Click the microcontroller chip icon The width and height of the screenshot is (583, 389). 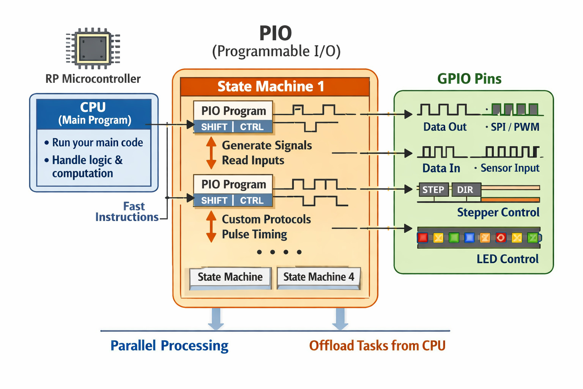tap(93, 49)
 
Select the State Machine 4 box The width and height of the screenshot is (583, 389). tap(318, 277)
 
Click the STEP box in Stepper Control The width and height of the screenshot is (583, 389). tap(433, 190)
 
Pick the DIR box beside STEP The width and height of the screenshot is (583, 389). tap(466, 190)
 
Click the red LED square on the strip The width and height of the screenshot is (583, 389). tap(422, 238)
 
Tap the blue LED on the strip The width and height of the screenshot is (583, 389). tap(470, 238)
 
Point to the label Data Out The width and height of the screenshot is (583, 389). tap(445, 127)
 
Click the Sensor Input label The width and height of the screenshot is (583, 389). tap(510, 168)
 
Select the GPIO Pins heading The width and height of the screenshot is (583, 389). tap(469, 79)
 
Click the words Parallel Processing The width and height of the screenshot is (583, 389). tap(169, 346)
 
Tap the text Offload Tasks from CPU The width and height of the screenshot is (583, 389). tap(377, 346)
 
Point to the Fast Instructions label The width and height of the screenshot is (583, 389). tap(127, 212)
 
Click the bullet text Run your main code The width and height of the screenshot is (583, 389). tap(98, 142)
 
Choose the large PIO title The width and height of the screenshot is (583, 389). tap(276, 33)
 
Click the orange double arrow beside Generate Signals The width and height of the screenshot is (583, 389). tap(211, 153)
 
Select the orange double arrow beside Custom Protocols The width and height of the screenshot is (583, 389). tap(211, 226)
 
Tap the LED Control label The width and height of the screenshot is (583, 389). tap(507, 259)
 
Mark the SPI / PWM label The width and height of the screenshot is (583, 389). tap(515, 127)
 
